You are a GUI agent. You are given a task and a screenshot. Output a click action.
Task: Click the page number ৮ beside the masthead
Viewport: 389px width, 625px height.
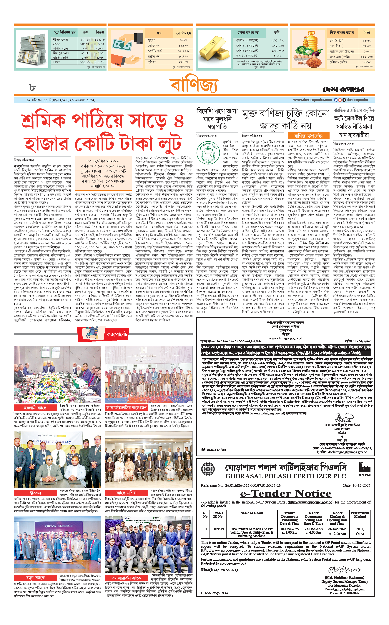pos(32,88)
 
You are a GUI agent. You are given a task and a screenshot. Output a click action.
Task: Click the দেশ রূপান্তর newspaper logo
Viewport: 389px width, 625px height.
pos(343,89)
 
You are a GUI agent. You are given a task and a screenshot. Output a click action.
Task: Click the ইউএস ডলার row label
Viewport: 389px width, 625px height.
pos(61,40)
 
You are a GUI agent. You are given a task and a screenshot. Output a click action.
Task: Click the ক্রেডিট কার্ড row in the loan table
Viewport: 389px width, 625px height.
pos(155,51)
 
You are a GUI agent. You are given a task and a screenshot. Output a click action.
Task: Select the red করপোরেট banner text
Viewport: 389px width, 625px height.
pos(117,335)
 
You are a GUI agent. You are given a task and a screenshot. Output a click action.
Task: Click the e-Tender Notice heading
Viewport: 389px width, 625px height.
pos(286,494)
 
